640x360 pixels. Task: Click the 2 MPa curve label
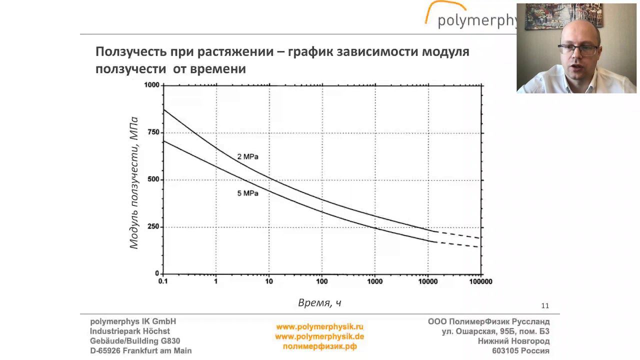click(x=247, y=156)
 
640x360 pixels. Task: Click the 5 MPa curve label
click(x=247, y=193)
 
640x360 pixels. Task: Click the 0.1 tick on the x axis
click(x=163, y=281)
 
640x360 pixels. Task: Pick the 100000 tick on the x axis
click(x=480, y=281)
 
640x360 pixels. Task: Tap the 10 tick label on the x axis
click(x=268, y=281)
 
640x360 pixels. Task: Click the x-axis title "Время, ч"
click(x=319, y=302)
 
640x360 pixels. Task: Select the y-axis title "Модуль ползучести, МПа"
click(x=133, y=182)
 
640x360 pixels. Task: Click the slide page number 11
click(x=545, y=305)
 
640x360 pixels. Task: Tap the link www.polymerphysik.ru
click(x=319, y=327)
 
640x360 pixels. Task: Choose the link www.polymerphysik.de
click(x=319, y=336)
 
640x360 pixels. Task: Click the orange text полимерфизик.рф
click(x=319, y=346)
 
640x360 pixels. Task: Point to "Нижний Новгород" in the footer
click(x=513, y=341)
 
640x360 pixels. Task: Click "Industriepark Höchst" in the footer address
click(x=130, y=331)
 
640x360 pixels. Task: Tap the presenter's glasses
click(x=578, y=49)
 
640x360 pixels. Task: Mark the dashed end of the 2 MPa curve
click(x=460, y=235)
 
